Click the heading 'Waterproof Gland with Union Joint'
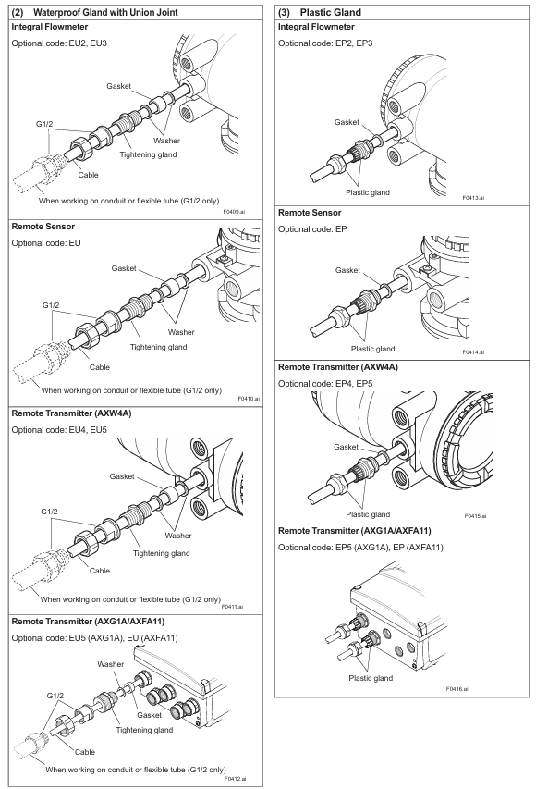point(105,12)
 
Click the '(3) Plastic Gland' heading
point(320,12)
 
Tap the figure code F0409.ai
point(235,212)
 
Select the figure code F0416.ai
point(457,689)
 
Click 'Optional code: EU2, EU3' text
point(59,43)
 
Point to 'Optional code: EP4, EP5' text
point(326,384)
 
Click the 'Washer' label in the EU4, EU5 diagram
point(178,536)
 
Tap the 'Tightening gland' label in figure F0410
point(158,347)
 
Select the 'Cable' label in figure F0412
point(84,752)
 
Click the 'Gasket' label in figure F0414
point(347,270)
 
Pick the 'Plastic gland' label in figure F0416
point(371,678)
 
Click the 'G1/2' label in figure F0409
point(44,124)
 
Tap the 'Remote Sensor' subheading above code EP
point(310,213)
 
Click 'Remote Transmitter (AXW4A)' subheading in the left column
point(71,413)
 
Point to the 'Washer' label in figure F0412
point(111,664)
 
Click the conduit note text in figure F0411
point(130,599)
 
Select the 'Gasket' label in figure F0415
point(346,447)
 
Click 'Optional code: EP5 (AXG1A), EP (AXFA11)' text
point(361,547)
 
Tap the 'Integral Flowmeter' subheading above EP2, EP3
point(316,27)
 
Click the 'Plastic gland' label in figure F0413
point(368,192)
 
